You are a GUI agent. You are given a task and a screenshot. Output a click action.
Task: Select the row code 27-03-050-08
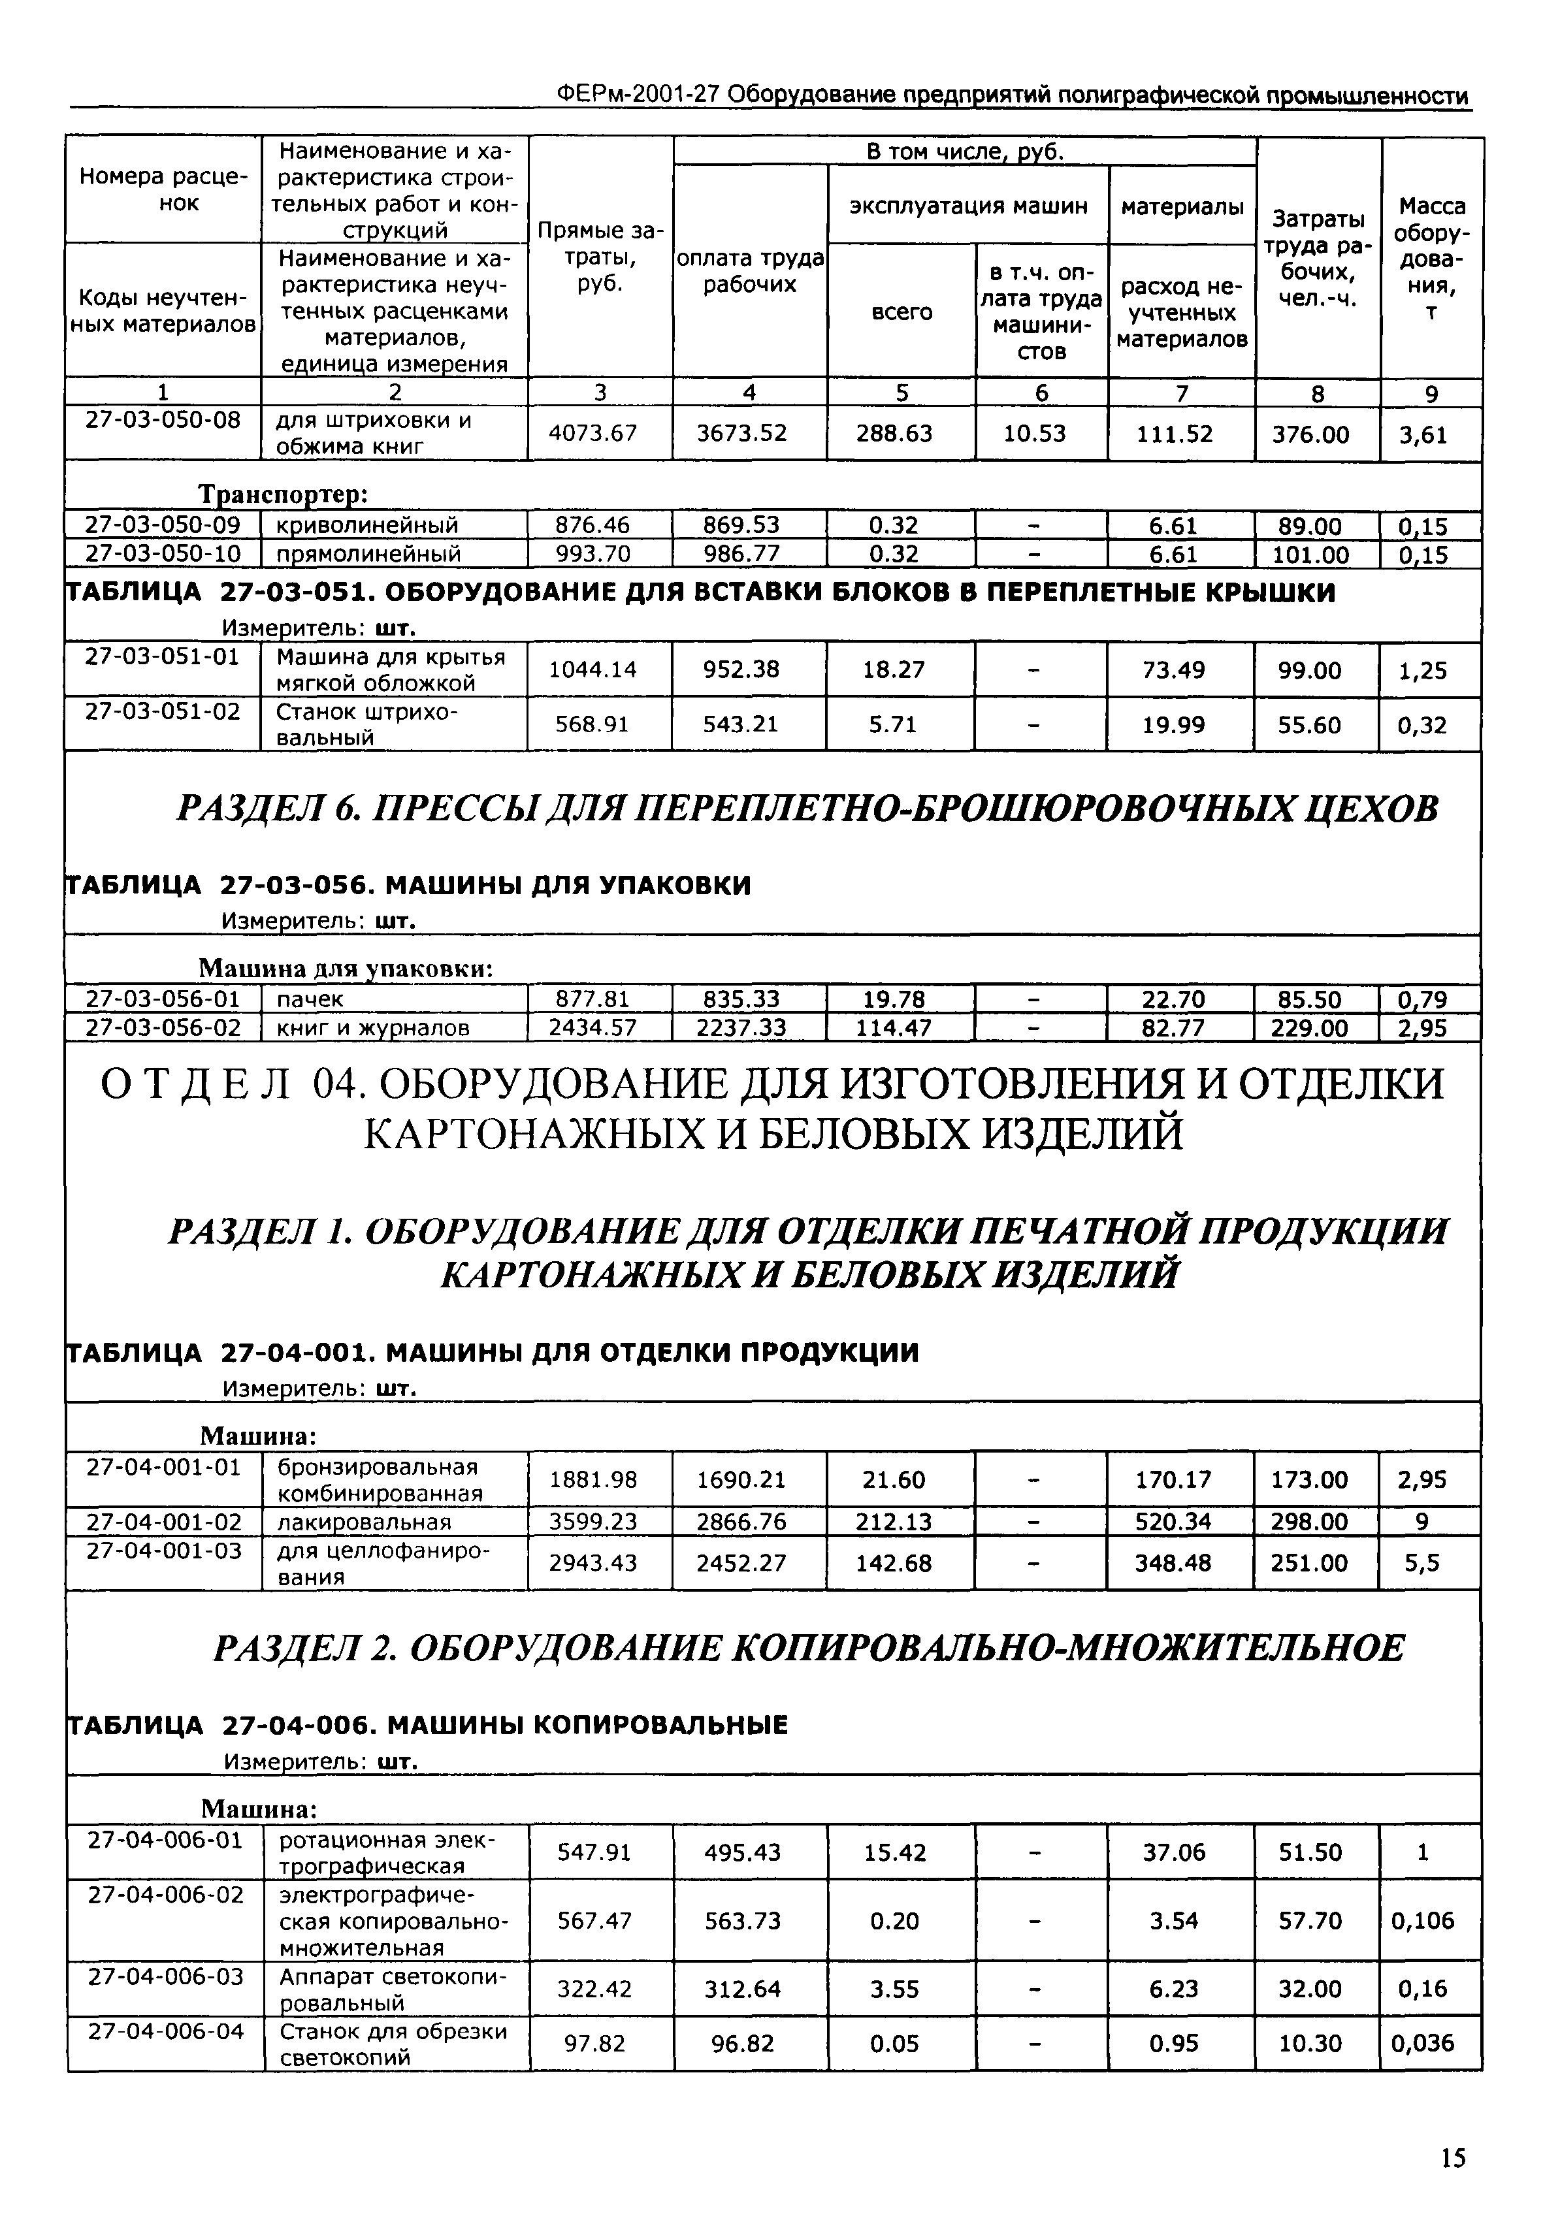[163, 419]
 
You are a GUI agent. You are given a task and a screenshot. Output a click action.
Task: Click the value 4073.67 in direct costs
[593, 433]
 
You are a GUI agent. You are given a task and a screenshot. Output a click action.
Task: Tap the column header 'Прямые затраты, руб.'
[600, 257]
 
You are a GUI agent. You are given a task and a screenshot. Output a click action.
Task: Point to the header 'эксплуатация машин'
[967, 206]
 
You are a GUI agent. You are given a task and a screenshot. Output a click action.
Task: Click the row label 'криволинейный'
[367, 525]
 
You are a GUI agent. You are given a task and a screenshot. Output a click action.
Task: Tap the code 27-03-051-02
[163, 711]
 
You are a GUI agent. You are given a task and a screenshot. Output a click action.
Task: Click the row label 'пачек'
[310, 999]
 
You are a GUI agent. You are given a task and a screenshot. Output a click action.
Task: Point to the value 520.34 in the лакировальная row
[1173, 1522]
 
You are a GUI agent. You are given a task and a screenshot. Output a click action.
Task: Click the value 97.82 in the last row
[594, 2042]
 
